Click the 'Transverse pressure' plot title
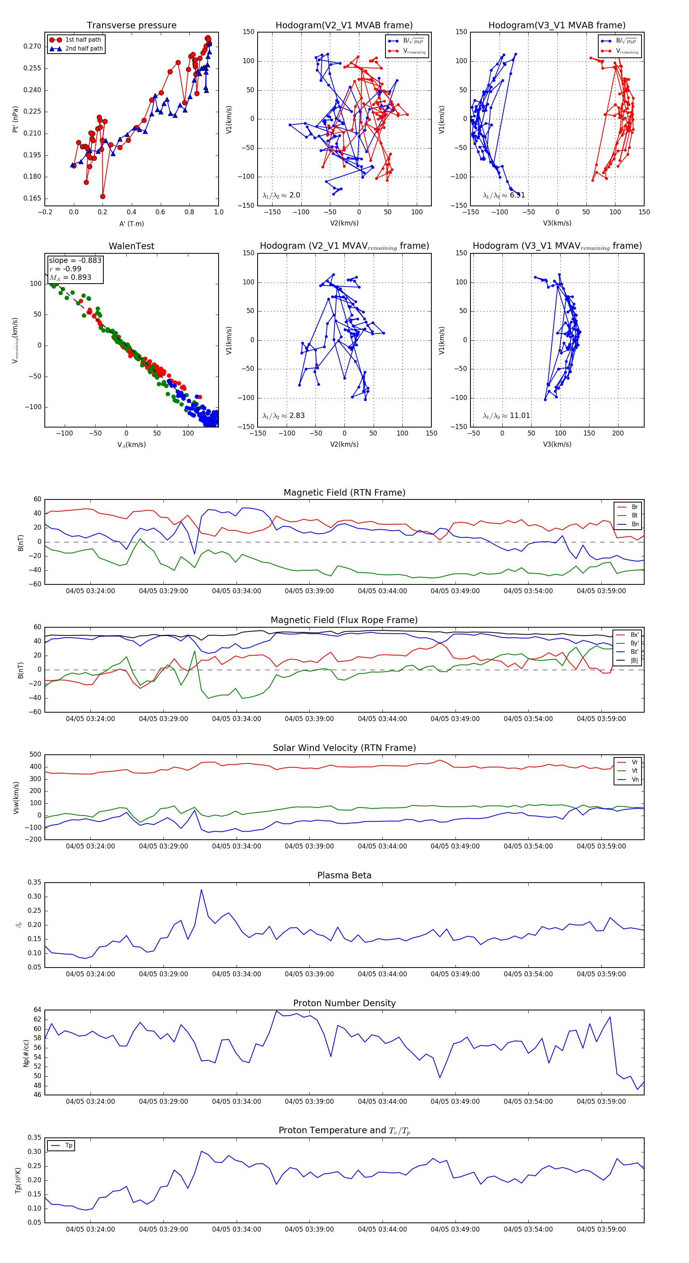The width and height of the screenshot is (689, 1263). (x=131, y=26)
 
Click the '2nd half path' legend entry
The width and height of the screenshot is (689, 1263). (x=84, y=49)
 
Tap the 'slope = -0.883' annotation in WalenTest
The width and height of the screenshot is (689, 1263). (x=75, y=260)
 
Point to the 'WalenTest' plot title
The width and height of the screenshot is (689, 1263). (x=131, y=246)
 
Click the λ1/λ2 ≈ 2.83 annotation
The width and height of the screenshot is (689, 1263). (x=283, y=416)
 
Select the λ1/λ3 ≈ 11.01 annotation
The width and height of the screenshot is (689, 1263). (x=506, y=416)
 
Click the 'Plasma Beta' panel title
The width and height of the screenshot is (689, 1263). (x=344, y=876)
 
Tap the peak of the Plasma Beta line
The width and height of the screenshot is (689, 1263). (x=201, y=890)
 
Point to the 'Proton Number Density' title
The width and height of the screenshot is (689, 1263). (x=344, y=1003)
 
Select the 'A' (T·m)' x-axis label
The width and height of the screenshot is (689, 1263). (x=131, y=224)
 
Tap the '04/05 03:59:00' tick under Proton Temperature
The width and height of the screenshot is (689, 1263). (x=601, y=1229)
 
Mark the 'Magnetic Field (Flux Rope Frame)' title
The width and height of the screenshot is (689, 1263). (x=344, y=620)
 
